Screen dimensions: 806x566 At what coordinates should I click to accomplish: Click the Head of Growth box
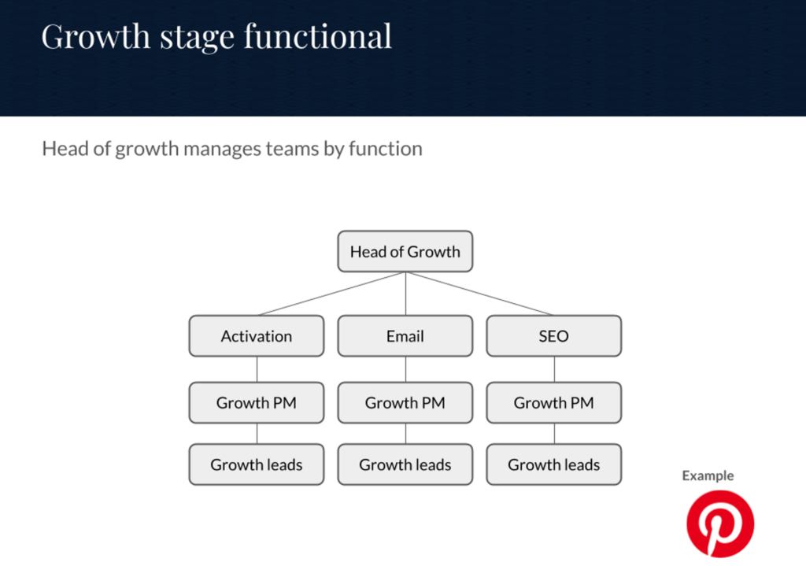(x=405, y=251)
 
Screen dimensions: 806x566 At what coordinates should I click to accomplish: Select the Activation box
(x=257, y=335)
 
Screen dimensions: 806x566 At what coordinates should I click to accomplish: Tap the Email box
(x=405, y=335)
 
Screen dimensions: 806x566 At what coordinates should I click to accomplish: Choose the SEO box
(x=553, y=335)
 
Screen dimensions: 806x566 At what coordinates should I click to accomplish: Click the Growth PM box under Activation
(x=257, y=402)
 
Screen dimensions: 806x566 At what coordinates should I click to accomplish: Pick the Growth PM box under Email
(x=405, y=402)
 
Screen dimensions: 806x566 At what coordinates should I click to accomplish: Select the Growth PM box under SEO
(x=553, y=402)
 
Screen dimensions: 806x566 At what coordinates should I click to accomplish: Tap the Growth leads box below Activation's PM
(x=257, y=464)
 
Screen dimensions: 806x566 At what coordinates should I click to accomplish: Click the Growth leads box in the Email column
(x=405, y=464)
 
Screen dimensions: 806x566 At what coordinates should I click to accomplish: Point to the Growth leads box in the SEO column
(x=553, y=464)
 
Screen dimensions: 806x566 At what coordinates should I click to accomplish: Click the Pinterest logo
(x=720, y=523)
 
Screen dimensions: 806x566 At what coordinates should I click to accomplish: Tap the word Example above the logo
(x=708, y=475)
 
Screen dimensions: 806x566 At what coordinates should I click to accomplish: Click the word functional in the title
(x=318, y=36)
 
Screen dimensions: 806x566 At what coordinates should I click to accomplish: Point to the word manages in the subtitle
(x=223, y=149)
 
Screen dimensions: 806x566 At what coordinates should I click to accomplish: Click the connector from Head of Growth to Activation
(x=331, y=294)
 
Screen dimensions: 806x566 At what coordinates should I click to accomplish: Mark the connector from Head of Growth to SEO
(x=479, y=294)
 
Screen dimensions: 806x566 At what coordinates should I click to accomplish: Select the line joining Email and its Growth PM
(x=405, y=369)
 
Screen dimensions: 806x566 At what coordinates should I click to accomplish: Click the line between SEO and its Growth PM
(x=554, y=369)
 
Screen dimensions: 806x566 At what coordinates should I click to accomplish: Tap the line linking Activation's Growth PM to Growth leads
(x=257, y=434)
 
